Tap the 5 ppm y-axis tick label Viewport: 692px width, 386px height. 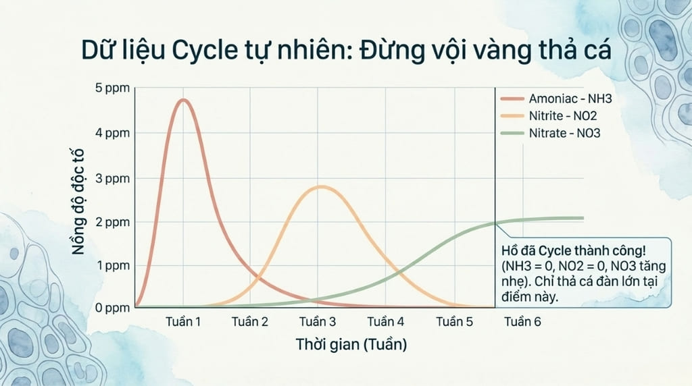click(x=114, y=89)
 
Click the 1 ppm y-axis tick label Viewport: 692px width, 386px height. click(x=113, y=265)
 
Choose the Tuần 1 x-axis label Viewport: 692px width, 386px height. click(x=183, y=322)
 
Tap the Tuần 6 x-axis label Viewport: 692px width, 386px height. click(x=522, y=322)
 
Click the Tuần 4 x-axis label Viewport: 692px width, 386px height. click(x=386, y=322)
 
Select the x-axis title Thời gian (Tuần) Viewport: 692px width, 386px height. click(x=351, y=344)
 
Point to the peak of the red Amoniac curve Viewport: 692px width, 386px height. click(x=182, y=100)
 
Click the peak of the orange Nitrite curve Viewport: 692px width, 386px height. click(x=322, y=186)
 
